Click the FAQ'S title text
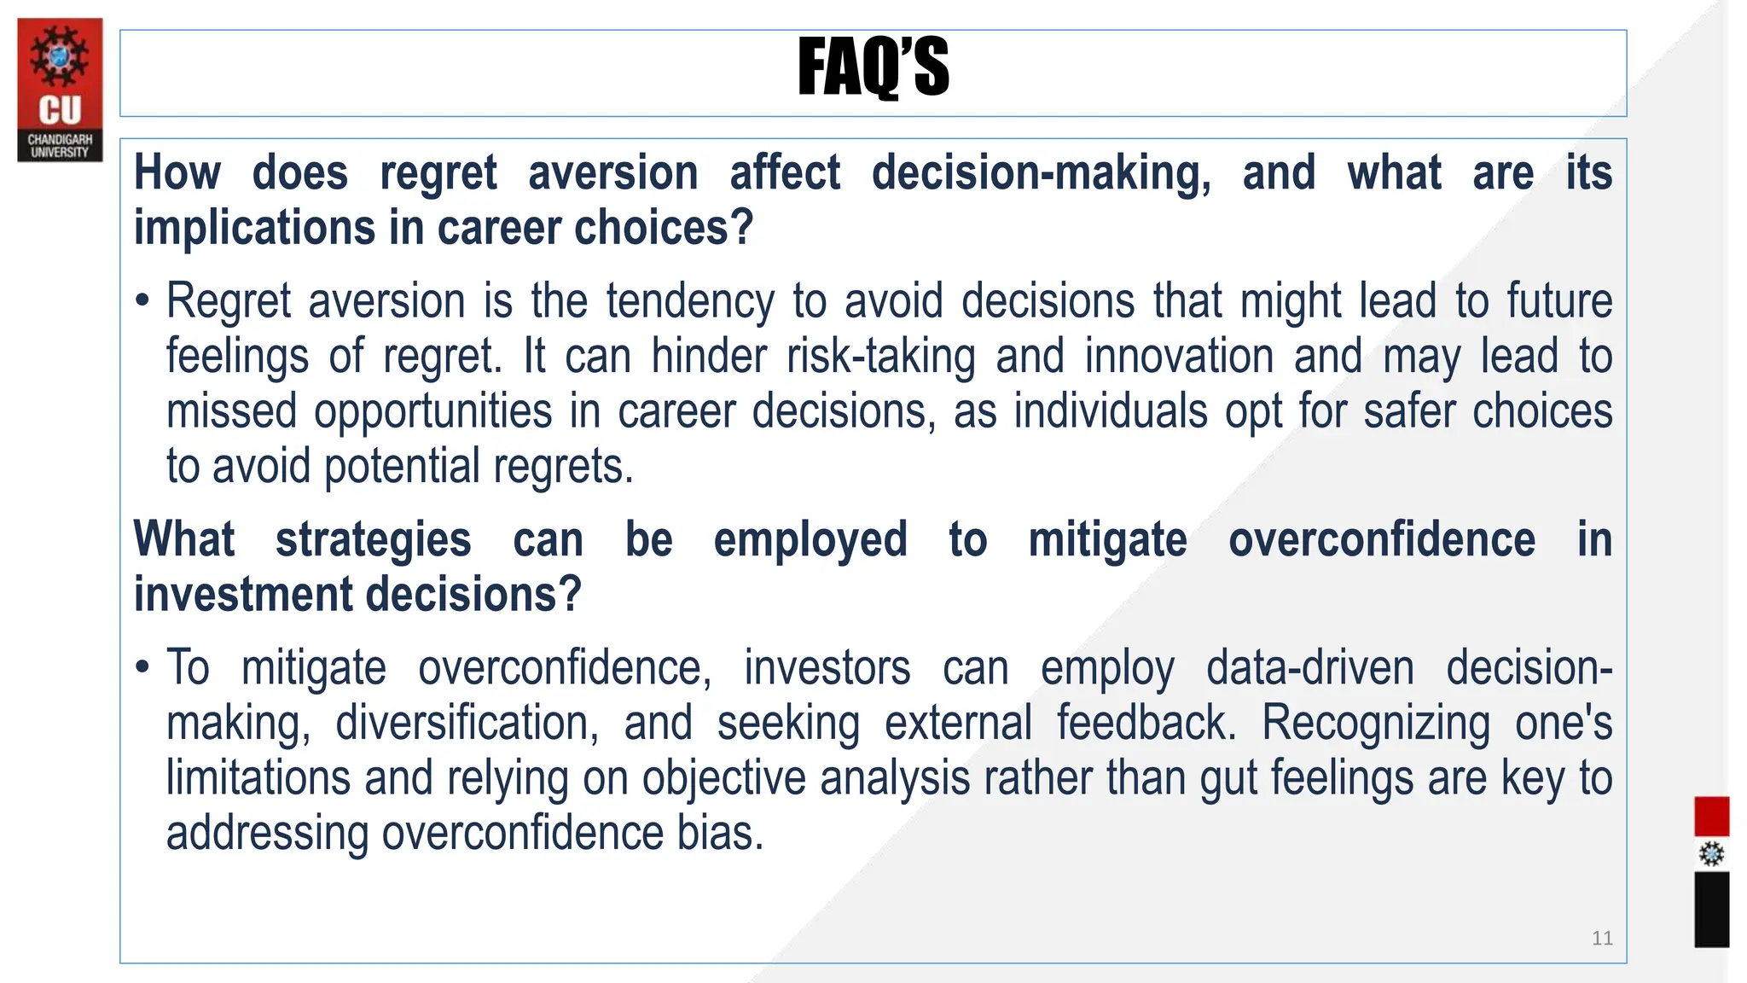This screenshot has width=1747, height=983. point(873,67)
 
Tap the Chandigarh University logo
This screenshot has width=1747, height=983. point(60,90)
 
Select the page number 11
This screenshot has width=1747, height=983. point(1602,939)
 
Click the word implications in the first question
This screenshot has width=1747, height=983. point(254,228)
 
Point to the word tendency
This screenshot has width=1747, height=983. point(690,301)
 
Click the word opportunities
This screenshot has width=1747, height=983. point(432,411)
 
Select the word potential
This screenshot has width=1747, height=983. point(402,466)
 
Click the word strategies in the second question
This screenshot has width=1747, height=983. point(373,540)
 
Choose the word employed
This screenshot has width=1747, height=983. point(810,540)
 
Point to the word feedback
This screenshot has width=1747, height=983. point(1146,723)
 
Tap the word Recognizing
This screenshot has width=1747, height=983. point(1375,723)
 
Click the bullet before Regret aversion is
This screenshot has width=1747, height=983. point(142,301)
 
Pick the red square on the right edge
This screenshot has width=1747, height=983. point(1711,817)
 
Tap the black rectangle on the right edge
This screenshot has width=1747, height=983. point(1711,909)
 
